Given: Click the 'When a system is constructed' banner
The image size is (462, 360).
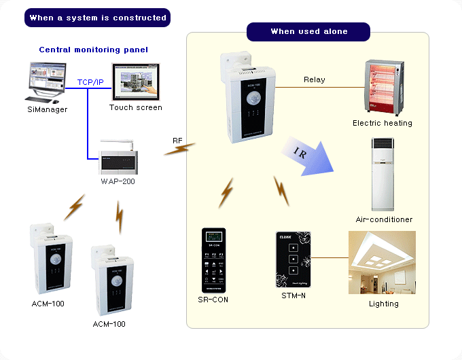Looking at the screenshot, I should point(98,18).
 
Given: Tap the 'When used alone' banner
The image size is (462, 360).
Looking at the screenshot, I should point(308,31).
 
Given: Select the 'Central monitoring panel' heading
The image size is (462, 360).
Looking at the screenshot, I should point(93,50).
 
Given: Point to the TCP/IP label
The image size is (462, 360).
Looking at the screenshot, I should point(90,82).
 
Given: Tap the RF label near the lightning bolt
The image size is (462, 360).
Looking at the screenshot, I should point(177,141).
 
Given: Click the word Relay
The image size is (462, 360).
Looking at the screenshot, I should point(314,79).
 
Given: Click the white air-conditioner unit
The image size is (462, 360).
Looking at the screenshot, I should point(383,175).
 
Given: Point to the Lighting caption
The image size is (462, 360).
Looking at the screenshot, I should point(383,304).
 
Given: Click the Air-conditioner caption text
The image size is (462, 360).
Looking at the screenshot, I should point(384,219).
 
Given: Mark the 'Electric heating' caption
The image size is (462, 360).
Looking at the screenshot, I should point(382,123).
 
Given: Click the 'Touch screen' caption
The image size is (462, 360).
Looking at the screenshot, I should point(136,107).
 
